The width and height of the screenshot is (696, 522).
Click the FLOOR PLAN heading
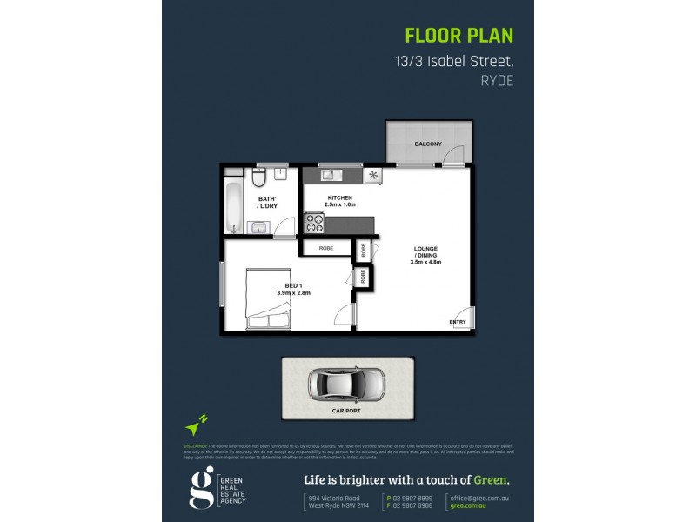pos(459,36)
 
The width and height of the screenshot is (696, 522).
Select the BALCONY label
pos(427,144)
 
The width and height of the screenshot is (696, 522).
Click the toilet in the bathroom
pos(258,179)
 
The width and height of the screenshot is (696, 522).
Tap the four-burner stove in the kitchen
pos(312,224)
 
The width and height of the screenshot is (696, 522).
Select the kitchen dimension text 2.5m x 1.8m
pos(339,204)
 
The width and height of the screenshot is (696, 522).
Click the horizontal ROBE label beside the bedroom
pos(325,248)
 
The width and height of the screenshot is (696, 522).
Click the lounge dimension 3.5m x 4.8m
pos(426,262)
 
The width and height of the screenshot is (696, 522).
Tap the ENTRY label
pos(457,323)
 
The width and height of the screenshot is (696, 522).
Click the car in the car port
pos(345,381)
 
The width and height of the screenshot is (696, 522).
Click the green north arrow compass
pos(196,426)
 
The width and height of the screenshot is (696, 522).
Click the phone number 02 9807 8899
pos(412,497)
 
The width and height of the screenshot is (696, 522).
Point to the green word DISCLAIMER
pos(197,443)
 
